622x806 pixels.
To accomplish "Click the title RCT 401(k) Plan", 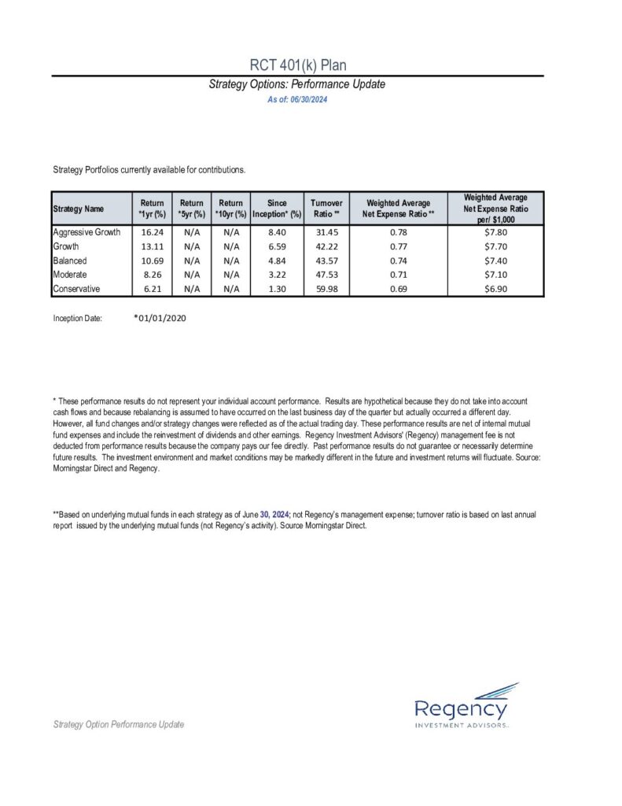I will pos(296,65).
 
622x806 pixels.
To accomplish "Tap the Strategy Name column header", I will pos(78,209).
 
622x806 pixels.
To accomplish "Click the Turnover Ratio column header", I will pos(326,209).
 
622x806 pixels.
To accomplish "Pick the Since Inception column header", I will pos(277,209).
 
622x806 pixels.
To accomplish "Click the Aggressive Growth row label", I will pos(86,232).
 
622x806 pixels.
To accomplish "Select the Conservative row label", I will pos(77,289).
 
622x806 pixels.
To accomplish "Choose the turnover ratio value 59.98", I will pos(325,289).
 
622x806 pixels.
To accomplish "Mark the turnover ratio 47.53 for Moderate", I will pos(325,275).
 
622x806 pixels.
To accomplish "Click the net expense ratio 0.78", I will pos(398,232).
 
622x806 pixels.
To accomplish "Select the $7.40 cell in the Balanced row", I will pos(495,261).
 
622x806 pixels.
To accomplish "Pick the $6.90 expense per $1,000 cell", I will pos(495,289).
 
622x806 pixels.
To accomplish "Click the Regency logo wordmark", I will pos(456,705).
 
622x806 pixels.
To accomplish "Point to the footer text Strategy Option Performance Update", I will pos(118,724).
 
